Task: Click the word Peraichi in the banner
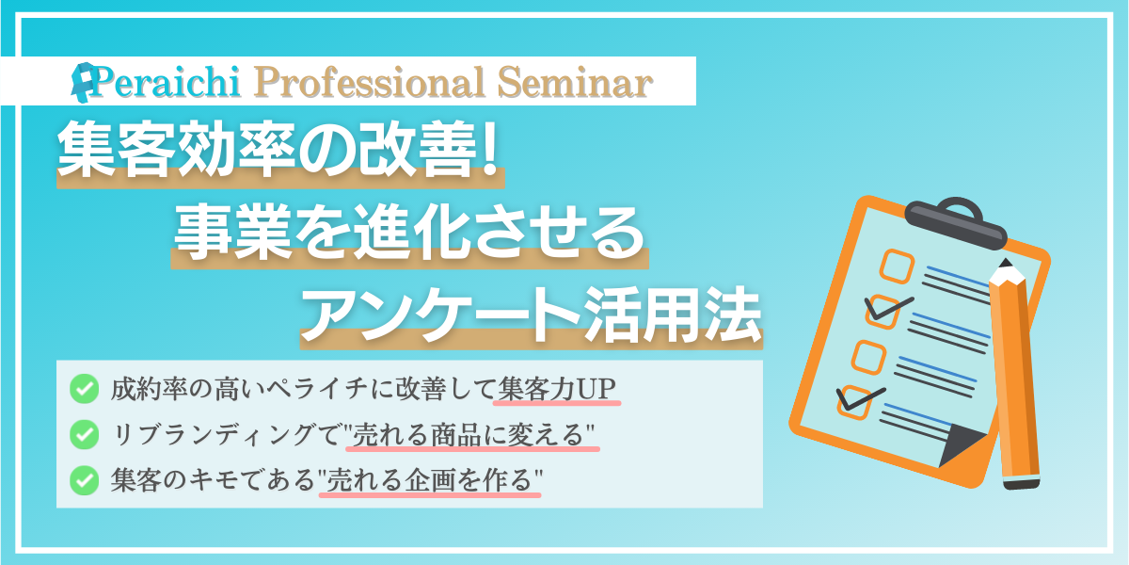[x=166, y=82]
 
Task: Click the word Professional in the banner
[x=370, y=83]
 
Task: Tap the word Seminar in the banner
[x=575, y=82]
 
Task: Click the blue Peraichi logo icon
[x=82, y=82]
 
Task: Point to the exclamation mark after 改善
[x=488, y=149]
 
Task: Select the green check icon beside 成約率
[x=84, y=388]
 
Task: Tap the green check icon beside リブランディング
[x=84, y=434]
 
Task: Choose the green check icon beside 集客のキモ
[x=84, y=480]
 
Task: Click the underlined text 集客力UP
[x=557, y=389]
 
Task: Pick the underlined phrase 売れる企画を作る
[x=429, y=480]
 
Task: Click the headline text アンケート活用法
[x=532, y=315]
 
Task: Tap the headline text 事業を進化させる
[x=409, y=234]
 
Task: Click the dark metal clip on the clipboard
[x=956, y=222]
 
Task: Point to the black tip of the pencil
[x=1005, y=264]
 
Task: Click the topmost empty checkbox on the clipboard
[x=898, y=266]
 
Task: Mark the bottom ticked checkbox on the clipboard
[x=855, y=403]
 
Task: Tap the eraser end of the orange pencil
[x=1021, y=483]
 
